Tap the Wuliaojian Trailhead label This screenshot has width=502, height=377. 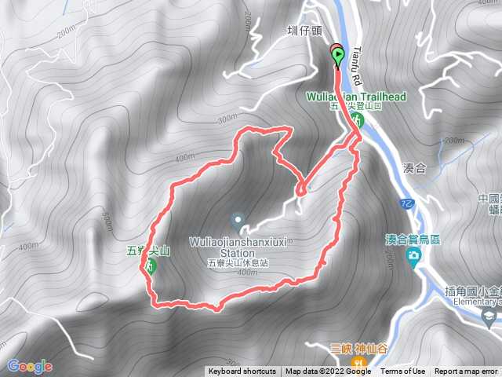coord(358,97)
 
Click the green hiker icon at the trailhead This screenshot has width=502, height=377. coord(358,120)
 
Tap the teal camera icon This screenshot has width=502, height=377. coord(413,257)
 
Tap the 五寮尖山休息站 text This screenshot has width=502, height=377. coord(238,263)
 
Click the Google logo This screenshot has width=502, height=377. coord(29,366)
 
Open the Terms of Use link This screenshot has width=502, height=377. coord(403,372)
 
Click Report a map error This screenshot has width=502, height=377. coord(467,372)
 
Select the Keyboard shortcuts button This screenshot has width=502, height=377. coord(242,372)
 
